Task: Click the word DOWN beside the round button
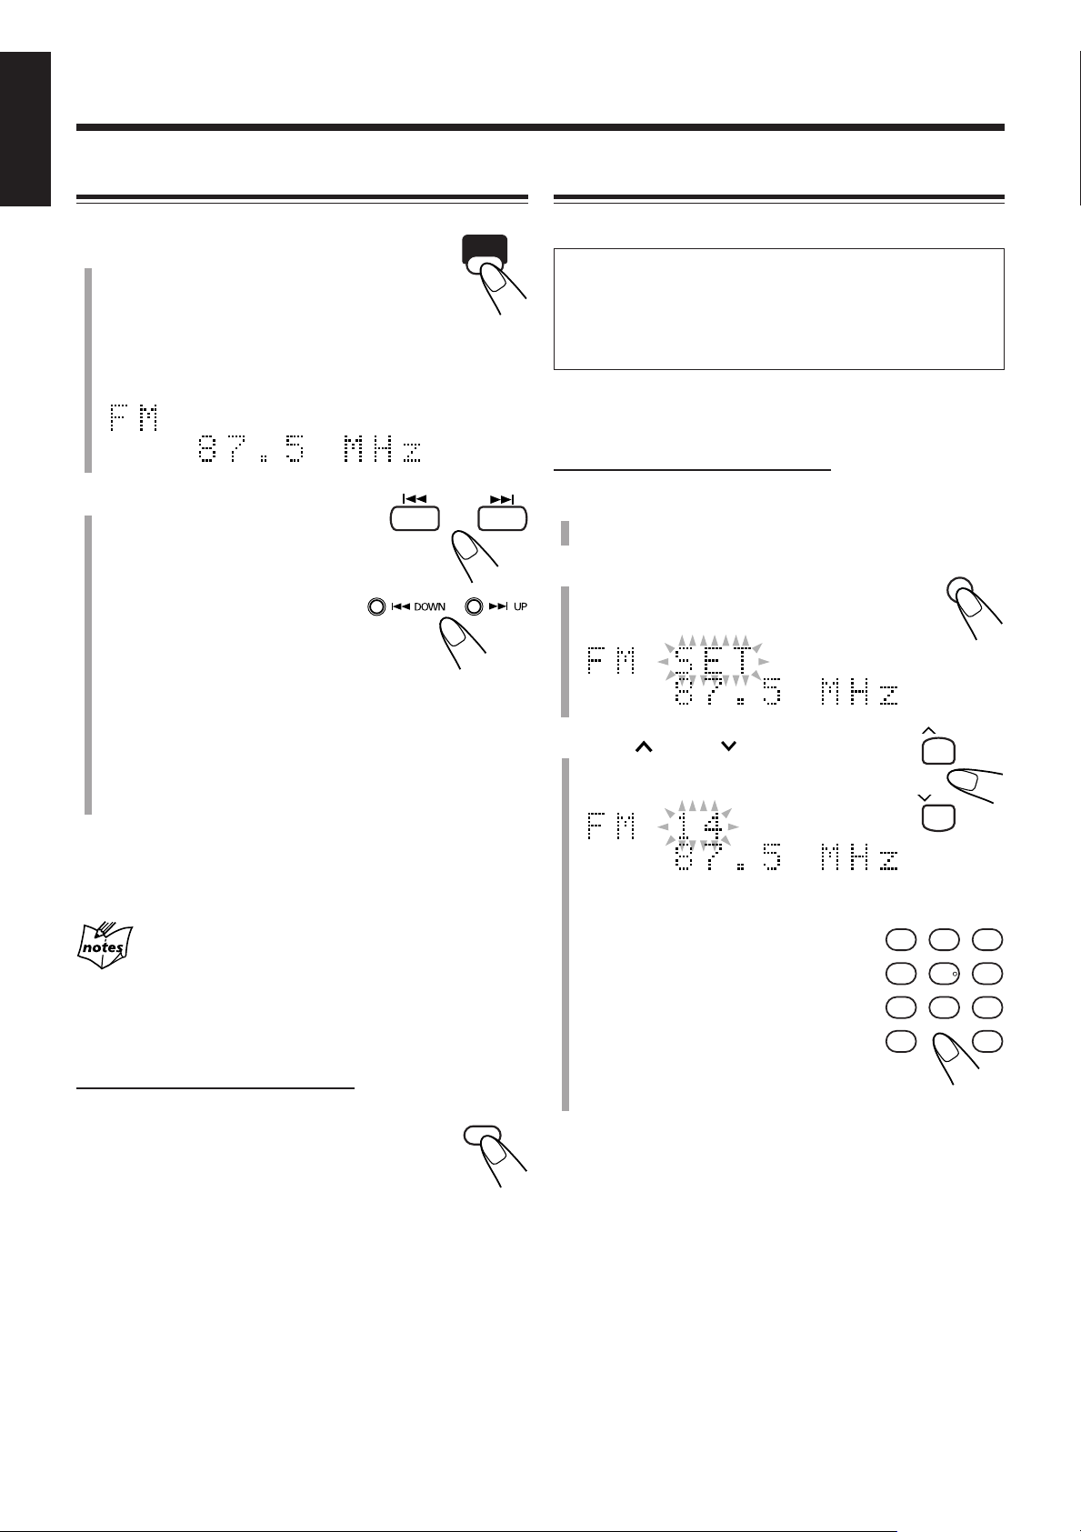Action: (429, 606)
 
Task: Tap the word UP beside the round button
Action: (520, 606)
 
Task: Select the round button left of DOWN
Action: (376, 606)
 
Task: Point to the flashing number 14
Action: (700, 826)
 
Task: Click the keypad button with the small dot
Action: (944, 974)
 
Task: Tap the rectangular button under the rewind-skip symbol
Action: (414, 519)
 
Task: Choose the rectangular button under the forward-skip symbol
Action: (502, 519)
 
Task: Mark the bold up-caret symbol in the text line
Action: (644, 746)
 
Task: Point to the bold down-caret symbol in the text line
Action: (728, 746)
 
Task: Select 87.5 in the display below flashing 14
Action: (727, 859)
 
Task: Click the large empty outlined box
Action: (778, 308)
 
